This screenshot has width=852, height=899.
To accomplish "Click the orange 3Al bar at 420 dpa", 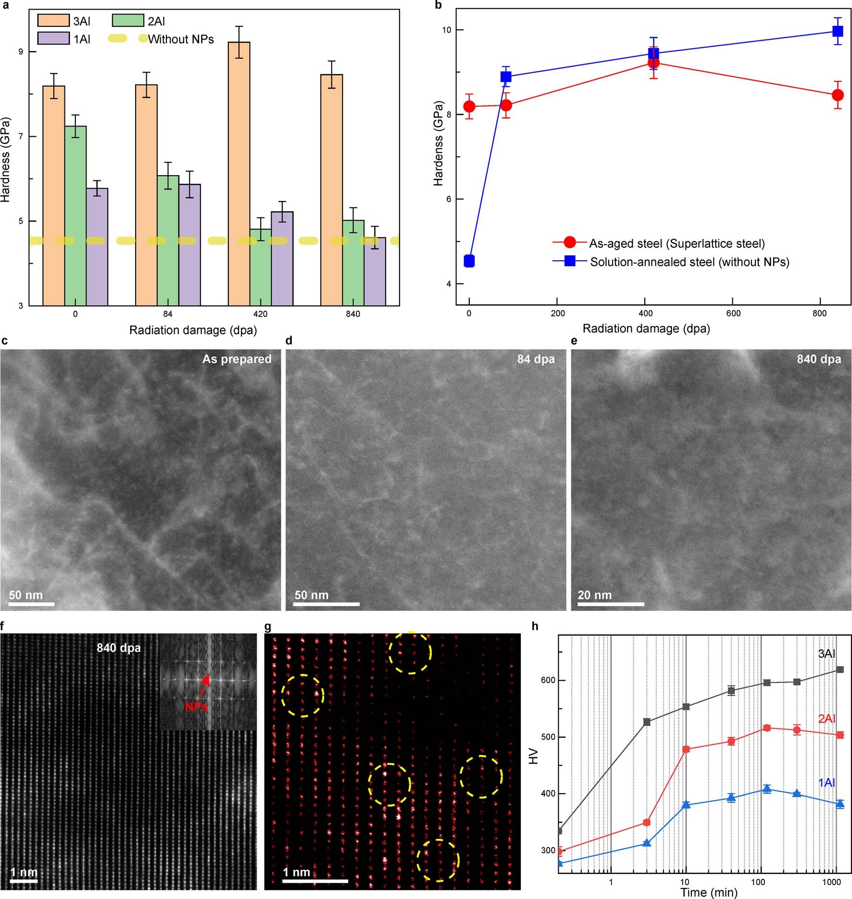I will coord(239,173).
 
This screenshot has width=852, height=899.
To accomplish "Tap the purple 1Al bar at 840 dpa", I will coord(375,271).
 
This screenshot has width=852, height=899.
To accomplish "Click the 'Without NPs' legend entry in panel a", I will coord(180,39).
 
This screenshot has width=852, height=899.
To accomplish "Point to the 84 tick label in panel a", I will coord(168,314).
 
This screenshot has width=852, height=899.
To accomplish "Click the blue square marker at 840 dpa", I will coord(838,31).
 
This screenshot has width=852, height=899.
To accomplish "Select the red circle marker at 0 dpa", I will coord(469,106).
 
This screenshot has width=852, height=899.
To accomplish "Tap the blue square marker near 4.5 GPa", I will coord(469,261).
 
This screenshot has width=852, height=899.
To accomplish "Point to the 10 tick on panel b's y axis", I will coord(447,30).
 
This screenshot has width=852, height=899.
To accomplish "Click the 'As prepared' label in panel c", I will coord(237,359).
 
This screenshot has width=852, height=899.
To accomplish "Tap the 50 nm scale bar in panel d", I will coord(326,603).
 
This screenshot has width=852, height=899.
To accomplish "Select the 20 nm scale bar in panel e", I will coord(611,603).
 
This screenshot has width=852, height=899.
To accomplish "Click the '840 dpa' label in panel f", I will coord(119,648).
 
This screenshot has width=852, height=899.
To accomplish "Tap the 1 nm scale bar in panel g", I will coord(315,881).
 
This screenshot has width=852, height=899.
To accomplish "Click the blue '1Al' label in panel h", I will coord(827,783).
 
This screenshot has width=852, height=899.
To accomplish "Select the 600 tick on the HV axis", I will coord(550,681).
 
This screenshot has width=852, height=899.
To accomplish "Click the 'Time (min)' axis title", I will coord(709,892).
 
